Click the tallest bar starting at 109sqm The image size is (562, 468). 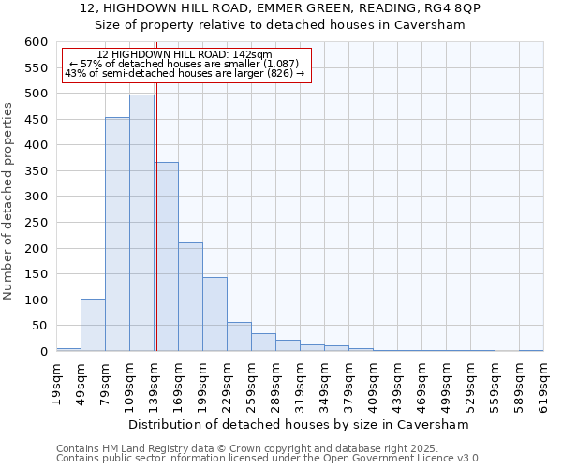pyautogui.click(x=141, y=223)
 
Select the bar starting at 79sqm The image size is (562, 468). pyautogui.click(x=117, y=234)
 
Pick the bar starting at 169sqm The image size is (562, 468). pyautogui.click(x=190, y=297)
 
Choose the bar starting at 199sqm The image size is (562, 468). pyautogui.click(x=214, y=314)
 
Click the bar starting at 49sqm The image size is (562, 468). pyautogui.click(x=93, y=325)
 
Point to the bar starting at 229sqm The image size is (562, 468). pyautogui.click(x=239, y=337)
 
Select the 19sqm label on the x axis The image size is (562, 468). pyautogui.click(x=56, y=380)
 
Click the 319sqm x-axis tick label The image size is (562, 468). pyautogui.click(x=300, y=380)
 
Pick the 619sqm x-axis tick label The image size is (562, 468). pyautogui.click(x=543, y=380)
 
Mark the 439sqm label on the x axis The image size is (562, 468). pyautogui.click(x=397, y=380)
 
